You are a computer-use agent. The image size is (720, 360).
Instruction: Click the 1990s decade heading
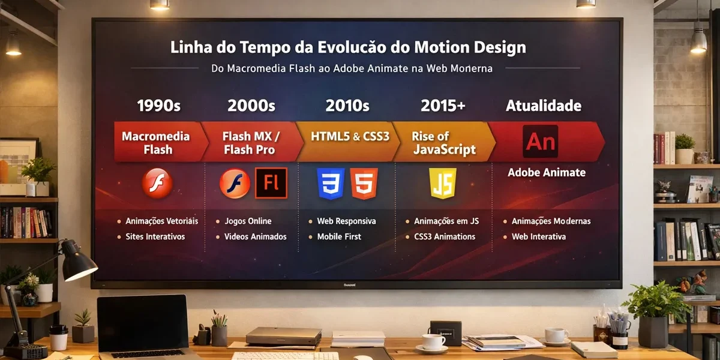pyautogui.click(x=158, y=106)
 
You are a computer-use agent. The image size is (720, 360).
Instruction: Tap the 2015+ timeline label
pyautogui.click(x=443, y=106)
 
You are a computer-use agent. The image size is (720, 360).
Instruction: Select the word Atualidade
pyautogui.click(x=544, y=106)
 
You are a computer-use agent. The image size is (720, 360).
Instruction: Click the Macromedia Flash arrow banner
pyautogui.click(x=158, y=143)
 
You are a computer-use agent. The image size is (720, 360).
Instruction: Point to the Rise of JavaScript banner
pyautogui.click(x=443, y=143)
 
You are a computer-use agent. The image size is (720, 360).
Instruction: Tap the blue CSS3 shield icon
pyautogui.click(x=331, y=184)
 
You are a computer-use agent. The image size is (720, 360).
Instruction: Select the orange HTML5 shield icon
pyautogui.click(x=364, y=184)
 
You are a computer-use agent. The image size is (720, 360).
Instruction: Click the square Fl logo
pyautogui.click(x=271, y=184)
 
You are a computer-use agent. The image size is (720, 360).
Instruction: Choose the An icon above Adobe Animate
pyautogui.click(x=541, y=142)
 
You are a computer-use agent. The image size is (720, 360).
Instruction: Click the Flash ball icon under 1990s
pyautogui.click(x=157, y=184)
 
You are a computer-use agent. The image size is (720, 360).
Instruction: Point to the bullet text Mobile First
pyautogui.click(x=339, y=236)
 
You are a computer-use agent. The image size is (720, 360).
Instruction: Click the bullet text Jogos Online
pyautogui.click(x=247, y=221)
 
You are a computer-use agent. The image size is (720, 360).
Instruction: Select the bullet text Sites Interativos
pyautogui.click(x=155, y=236)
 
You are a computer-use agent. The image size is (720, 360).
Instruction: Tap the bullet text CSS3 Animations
pyautogui.click(x=444, y=236)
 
